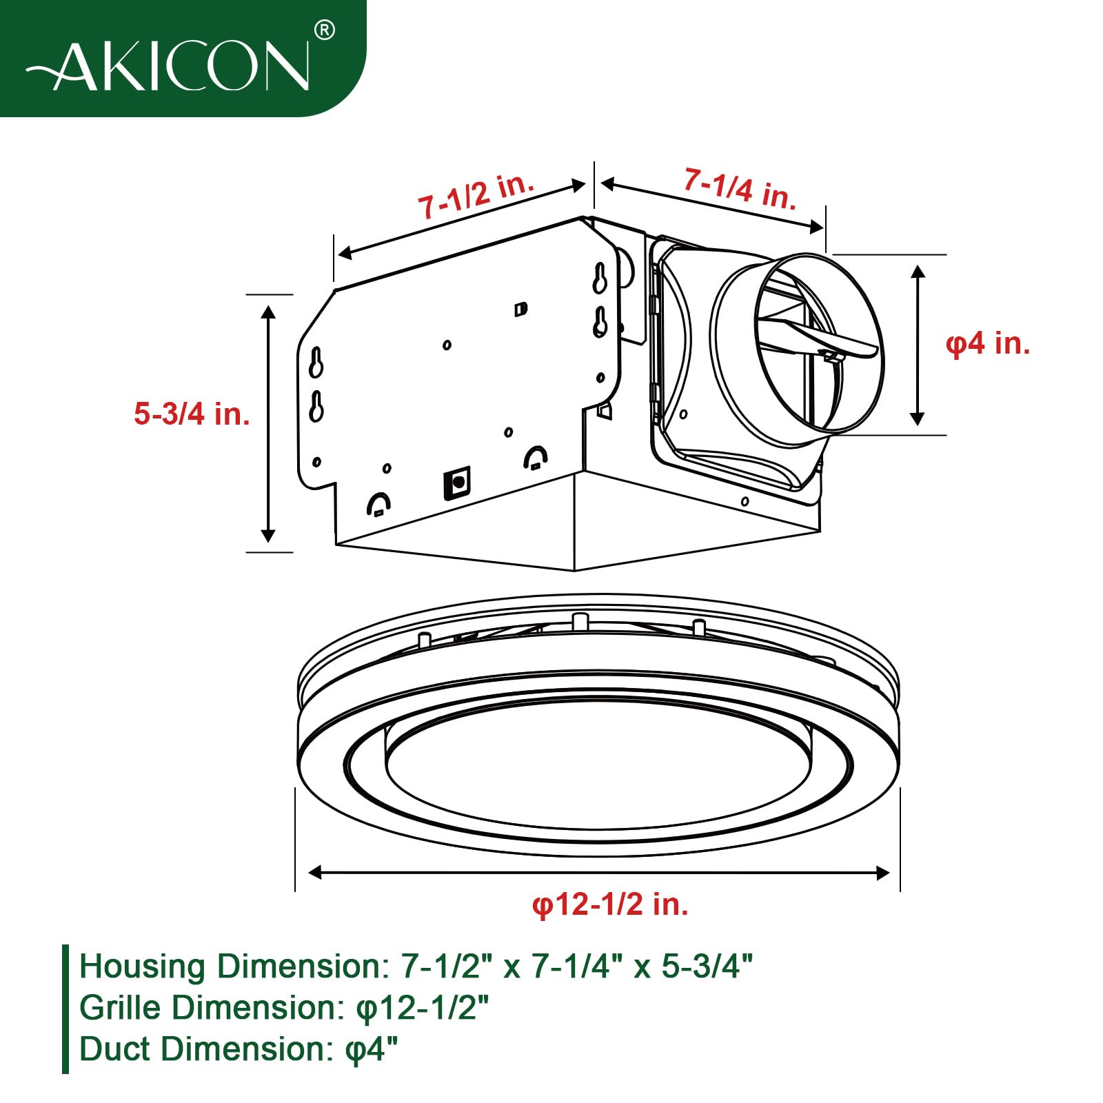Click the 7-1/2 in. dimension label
click(476, 196)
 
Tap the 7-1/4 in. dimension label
click(740, 188)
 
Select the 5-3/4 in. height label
click(192, 414)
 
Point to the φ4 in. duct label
click(987, 343)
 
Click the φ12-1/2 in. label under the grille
click(610, 904)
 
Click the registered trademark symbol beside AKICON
click(324, 30)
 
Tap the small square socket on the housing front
click(457, 481)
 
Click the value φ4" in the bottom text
click(372, 1050)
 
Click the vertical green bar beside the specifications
click(65, 1009)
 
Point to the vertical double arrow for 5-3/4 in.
click(268, 423)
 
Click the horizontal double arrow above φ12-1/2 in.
click(598, 873)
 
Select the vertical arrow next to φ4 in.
click(918, 345)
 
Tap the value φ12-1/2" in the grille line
click(422, 1009)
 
